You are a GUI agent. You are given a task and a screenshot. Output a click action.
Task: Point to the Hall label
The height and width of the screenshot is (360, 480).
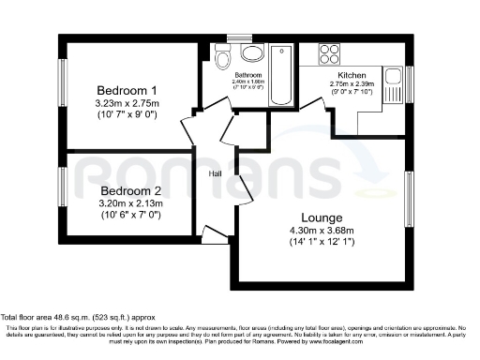pos(214,172)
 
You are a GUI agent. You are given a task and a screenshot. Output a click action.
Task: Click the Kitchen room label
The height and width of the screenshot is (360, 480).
pos(352,74)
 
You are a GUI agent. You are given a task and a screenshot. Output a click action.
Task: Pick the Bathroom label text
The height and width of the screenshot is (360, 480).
pos(247,75)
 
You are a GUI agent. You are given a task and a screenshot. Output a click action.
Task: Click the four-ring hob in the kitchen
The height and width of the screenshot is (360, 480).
pos(332,51)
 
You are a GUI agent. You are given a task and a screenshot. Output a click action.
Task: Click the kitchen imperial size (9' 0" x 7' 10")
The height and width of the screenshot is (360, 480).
pos(352,92)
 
